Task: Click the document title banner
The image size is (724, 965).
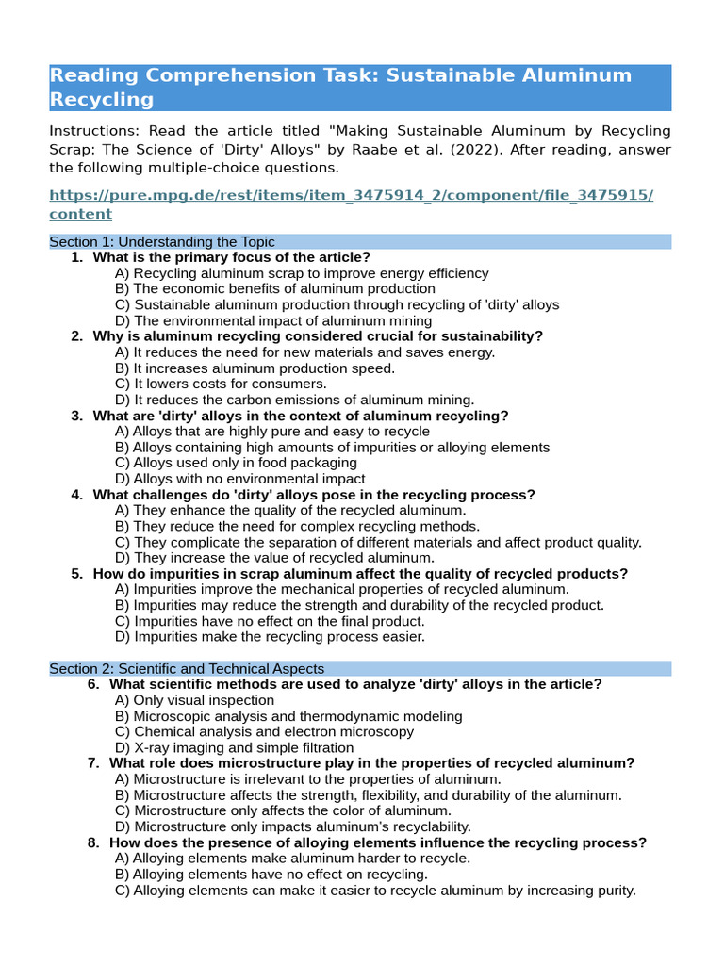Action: click(359, 87)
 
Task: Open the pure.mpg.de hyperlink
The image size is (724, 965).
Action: click(351, 204)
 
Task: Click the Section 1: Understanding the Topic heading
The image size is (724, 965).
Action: click(162, 242)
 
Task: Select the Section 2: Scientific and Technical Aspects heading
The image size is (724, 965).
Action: click(187, 668)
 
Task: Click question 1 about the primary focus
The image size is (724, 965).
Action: click(231, 257)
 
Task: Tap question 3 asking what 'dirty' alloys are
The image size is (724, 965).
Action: click(300, 416)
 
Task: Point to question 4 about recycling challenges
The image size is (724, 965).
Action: click(313, 495)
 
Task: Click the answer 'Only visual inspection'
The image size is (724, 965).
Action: click(194, 700)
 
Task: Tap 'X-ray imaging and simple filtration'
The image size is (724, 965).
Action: click(234, 747)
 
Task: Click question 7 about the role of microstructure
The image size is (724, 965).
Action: click(371, 763)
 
